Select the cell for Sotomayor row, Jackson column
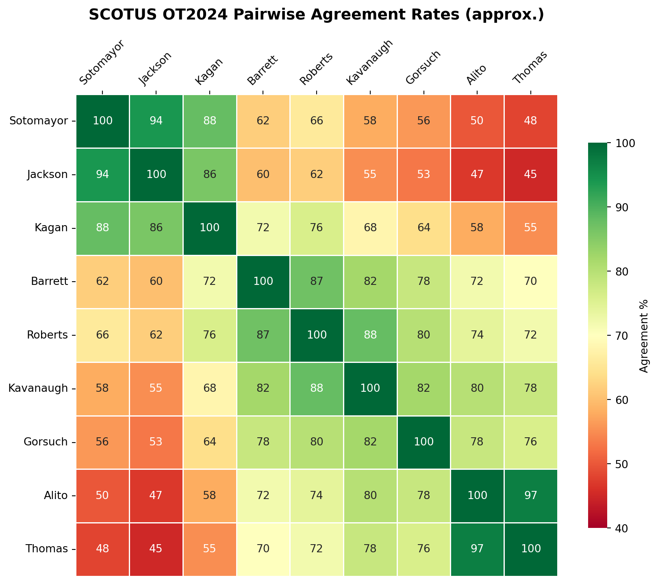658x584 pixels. pyautogui.click(x=156, y=121)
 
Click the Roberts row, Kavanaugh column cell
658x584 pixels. pyautogui.click(x=370, y=335)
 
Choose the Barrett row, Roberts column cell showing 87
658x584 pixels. pyautogui.click(x=317, y=282)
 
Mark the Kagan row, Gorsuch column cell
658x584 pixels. pyautogui.click(x=423, y=228)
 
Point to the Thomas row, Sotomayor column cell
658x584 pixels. pyautogui.click(x=102, y=549)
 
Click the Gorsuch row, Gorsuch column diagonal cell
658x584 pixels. pyautogui.click(x=423, y=442)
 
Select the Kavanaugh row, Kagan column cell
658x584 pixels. pyautogui.click(x=210, y=389)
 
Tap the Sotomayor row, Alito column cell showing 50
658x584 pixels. pyautogui.click(x=477, y=121)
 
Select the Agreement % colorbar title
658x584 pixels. pyautogui.click(x=643, y=335)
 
